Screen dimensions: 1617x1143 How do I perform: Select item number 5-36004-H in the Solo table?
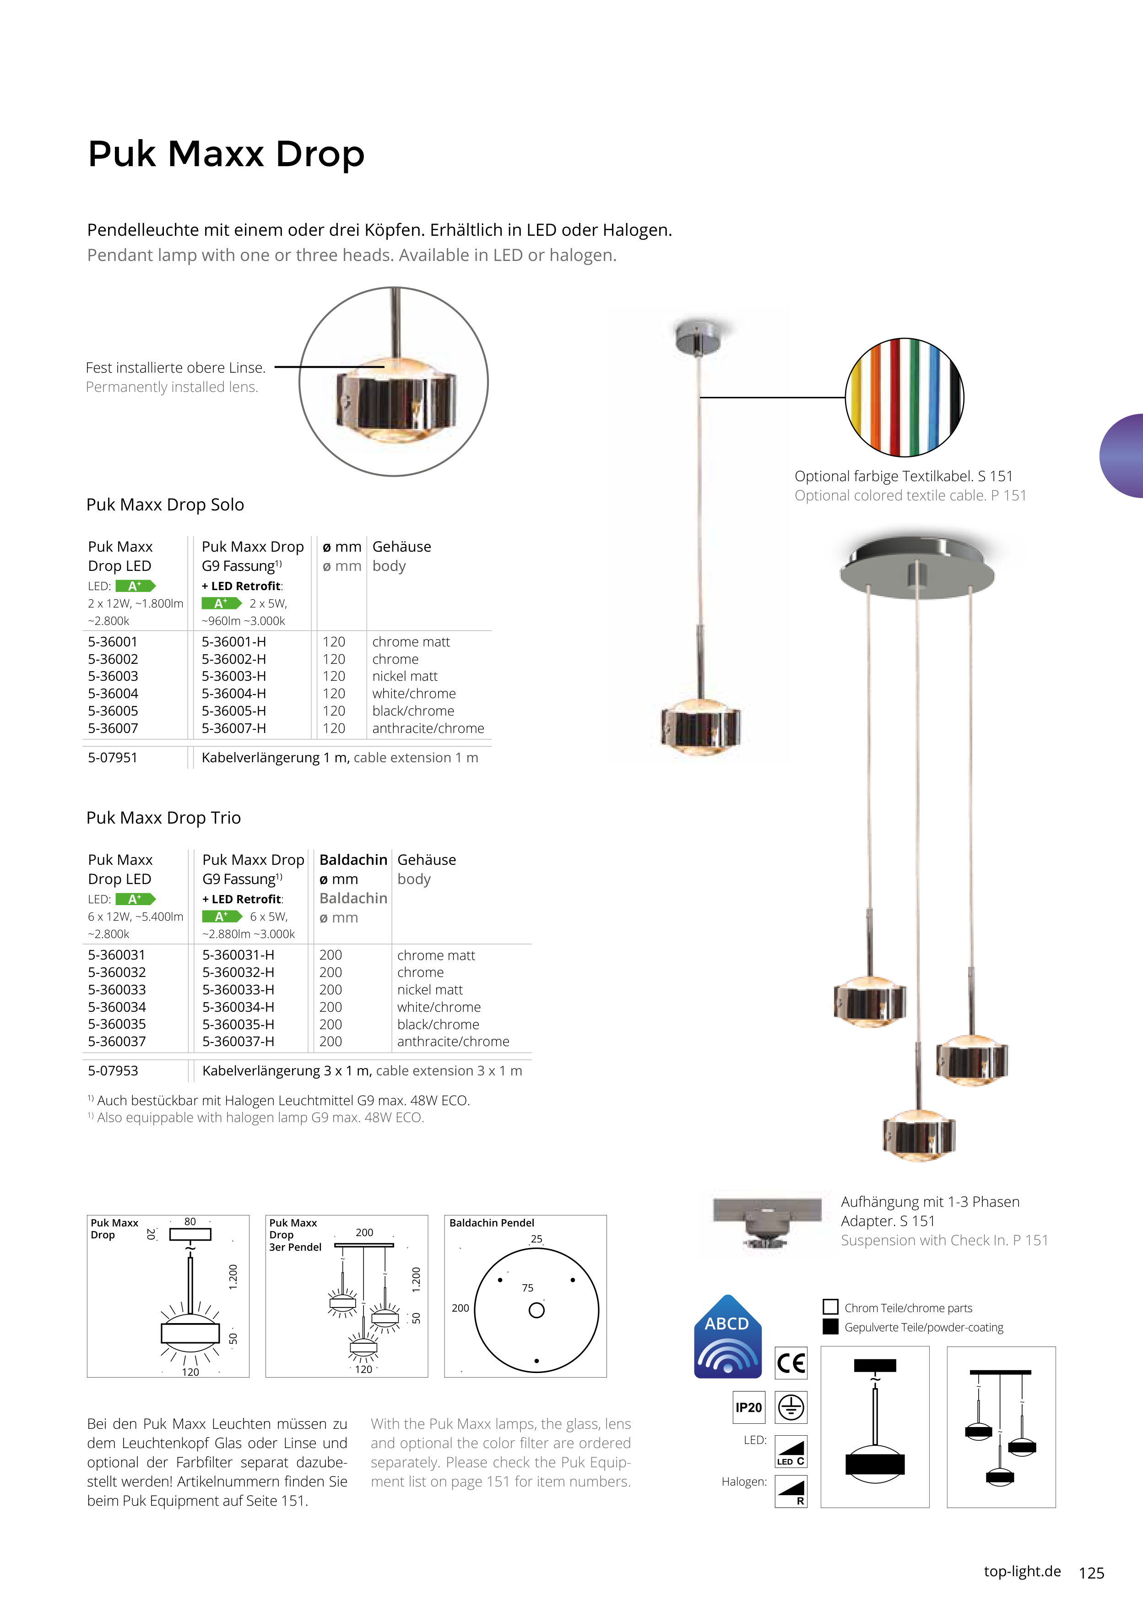coord(234,694)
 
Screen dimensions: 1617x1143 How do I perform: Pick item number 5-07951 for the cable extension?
coord(113,758)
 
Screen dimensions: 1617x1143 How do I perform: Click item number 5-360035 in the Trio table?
coord(117,1024)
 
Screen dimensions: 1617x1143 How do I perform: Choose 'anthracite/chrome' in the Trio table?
coord(453,1042)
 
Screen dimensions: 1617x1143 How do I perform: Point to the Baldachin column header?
coord(353,860)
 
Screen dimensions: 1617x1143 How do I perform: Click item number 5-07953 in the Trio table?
coord(113,1070)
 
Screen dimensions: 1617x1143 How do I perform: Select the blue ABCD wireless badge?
coord(727,1338)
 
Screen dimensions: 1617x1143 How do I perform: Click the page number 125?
coord(1091,1573)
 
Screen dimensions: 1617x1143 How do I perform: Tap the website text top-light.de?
coord(1022,1571)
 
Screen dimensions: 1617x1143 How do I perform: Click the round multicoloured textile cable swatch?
coord(904,397)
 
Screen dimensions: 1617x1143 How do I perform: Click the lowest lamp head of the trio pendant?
coord(918,1134)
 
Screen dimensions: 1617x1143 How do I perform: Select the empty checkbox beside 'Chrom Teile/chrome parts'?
coord(830,1307)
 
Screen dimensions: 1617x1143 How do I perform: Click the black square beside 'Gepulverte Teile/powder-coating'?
coord(830,1327)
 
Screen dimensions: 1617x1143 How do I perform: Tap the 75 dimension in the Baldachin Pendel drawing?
coord(527,1287)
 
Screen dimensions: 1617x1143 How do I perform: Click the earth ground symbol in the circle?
coord(791,1407)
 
